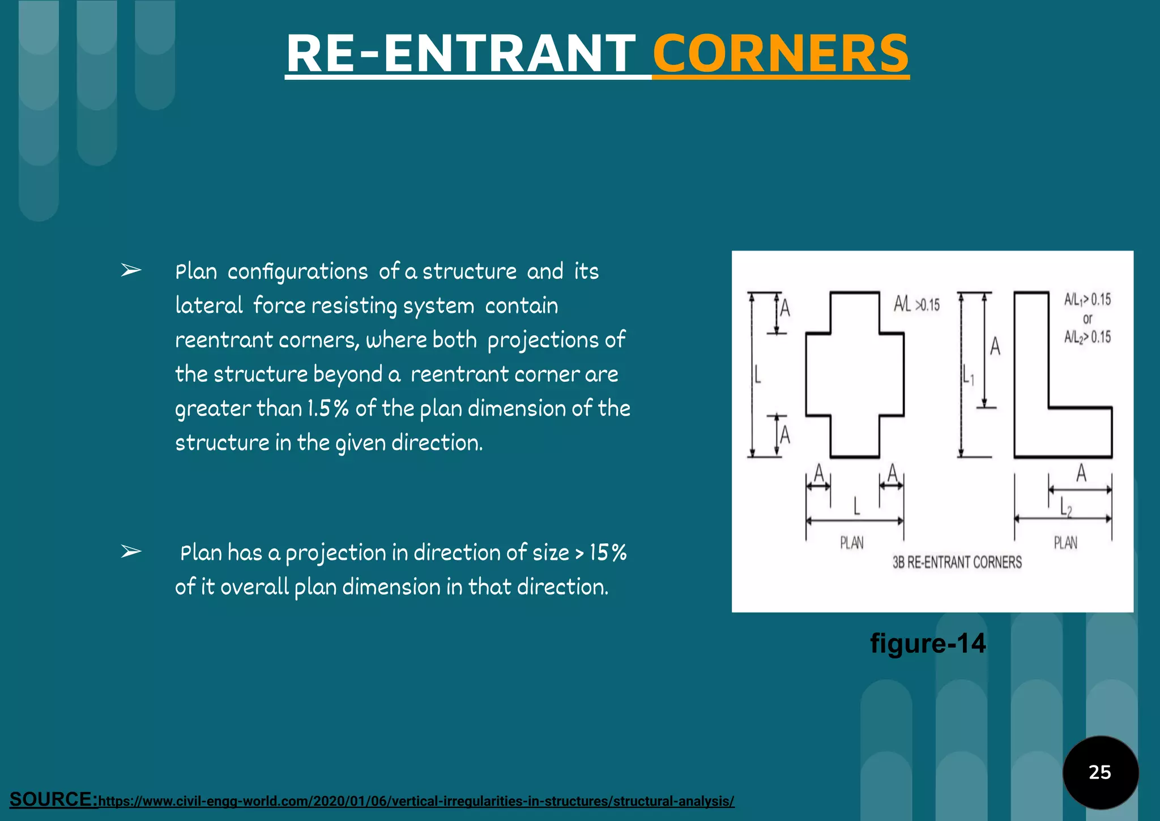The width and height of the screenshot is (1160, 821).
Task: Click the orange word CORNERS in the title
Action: click(781, 54)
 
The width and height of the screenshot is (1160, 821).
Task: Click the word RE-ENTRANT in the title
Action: click(461, 54)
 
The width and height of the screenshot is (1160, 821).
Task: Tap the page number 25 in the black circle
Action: click(1099, 772)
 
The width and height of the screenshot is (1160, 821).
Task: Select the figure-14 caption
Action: click(928, 644)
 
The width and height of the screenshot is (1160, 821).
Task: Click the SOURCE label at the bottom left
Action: click(54, 799)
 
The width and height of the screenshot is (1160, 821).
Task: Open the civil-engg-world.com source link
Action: click(416, 801)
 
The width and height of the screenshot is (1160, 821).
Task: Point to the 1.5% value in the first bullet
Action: click(327, 409)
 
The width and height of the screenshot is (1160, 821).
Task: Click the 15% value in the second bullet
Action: click(608, 552)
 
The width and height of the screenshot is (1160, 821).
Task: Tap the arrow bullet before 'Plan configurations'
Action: click(131, 271)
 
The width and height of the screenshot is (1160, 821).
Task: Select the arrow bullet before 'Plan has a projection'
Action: click(131, 551)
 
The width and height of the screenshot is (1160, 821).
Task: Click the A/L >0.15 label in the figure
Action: click(916, 305)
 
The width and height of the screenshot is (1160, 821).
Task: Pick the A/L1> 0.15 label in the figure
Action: click(1087, 299)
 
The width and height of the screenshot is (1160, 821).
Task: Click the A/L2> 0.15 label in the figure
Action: click(1087, 338)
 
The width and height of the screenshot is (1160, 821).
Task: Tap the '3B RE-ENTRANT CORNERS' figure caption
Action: click(957, 562)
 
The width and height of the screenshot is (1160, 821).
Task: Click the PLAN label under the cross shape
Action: click(851, 543)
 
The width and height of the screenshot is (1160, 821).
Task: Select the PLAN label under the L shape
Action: click(1065, 543)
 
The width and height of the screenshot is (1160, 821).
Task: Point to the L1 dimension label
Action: click(968, 375)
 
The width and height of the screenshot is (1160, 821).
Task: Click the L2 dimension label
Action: click(1066, 508)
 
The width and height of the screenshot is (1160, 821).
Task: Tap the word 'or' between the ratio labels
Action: click(1087, 318)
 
